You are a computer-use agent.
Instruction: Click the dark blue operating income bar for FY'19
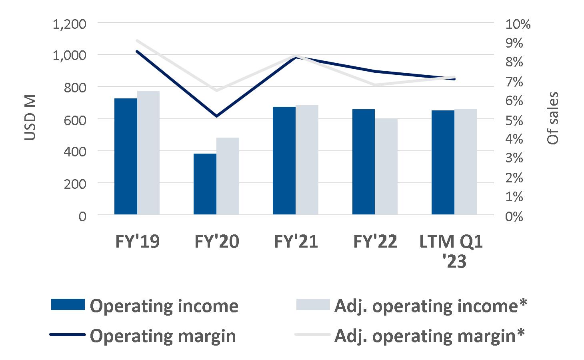(126, 156)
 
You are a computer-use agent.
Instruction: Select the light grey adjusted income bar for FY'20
(228, 176)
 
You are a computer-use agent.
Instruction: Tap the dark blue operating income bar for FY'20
(205, 184)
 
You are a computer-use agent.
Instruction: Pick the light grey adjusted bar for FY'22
(386, 166)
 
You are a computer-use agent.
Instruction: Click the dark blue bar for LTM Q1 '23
(443, 162)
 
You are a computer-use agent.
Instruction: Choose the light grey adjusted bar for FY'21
(307, 160)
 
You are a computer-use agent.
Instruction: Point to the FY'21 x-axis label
(296, 242)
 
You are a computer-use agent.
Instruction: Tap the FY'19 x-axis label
(137, 242)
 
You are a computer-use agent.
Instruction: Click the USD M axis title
(30, 118)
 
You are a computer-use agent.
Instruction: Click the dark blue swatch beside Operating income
(68, 305)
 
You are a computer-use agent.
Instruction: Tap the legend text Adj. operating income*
(430, 306)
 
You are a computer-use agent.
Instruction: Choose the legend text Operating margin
(163, 336)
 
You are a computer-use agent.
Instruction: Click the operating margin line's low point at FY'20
(216, 116)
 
